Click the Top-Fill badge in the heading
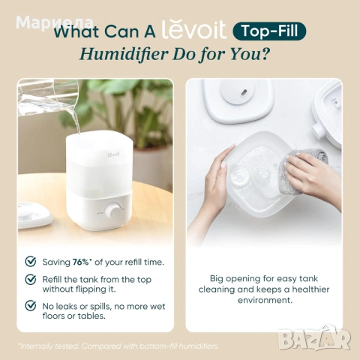[x=269, y=31]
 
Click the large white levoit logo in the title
[x=194, y=31]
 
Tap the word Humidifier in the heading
[x=124, y=54]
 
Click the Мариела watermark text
[x=55, y=23]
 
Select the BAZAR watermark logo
[x=314, y=338]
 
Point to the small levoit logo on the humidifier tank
[x=114, y=154]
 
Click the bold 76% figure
[x=81, y=262]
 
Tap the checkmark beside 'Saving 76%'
[x=31, y=261]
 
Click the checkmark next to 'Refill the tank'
[x=31, y=279]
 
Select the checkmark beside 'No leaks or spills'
[x=31, y=306]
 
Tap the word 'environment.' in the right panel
[x=265, y=300]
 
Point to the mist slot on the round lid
[x=244, y=93]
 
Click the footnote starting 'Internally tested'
[x=118, y=346]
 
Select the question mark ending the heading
[x=265, y=53]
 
